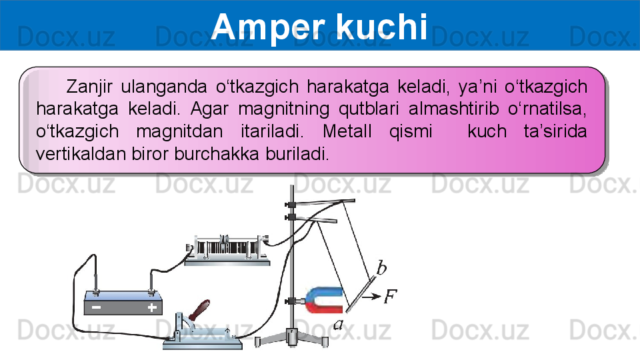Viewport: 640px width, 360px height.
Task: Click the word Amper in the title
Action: click(268, 27)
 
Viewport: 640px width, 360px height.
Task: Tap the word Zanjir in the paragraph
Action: click(89, 87)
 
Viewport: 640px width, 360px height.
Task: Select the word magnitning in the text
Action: click(284, 109)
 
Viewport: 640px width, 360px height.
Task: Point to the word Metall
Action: click(347, 131)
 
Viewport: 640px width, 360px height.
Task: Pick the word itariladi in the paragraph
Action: click(272, 131)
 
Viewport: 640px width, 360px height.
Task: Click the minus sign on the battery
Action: click(96, 307)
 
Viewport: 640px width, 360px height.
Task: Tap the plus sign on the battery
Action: click(152, 307)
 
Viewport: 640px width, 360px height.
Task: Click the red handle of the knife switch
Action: click(199, 310)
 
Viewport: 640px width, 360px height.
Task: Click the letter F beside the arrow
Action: click(390, 296)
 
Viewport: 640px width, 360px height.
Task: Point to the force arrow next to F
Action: click(371, 297)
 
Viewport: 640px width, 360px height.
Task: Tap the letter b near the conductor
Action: click(381, 268)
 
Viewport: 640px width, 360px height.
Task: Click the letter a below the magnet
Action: click(339, 325)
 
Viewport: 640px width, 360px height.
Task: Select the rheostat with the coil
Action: click(227, 250)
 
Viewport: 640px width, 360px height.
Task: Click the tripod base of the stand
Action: click(291, 338)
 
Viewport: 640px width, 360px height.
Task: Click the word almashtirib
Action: click(453, 109)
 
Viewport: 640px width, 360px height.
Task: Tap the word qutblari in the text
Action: click(369, 109)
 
